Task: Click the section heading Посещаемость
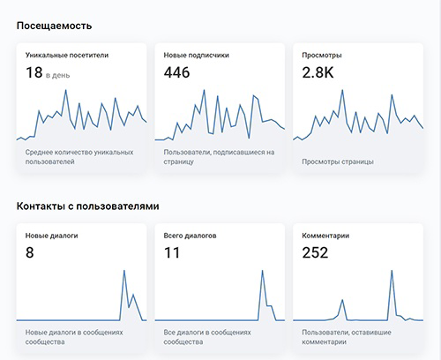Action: [x=54, y=26]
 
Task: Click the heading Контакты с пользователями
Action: [x=87, y=206]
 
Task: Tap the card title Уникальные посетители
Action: [x=67, y=56]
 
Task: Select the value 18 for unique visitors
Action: [x=34, y=72]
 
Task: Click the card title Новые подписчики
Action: [x=196, y=56]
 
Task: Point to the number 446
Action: [x=176, y=72]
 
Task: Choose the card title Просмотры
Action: [x=322, y=56]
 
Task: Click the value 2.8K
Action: [x=318, y=72]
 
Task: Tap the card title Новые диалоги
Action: [x=51, y=236]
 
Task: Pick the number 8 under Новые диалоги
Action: [x=30, y=252]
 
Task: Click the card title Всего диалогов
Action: [x=190, y=236]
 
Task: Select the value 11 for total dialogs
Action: [x=172, y=252]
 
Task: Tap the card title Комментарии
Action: [x=325, y=236]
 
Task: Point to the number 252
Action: [x=315, y=252]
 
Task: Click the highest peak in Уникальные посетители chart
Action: [x=65, y=90]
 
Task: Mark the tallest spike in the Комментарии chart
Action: [x=392, y=271]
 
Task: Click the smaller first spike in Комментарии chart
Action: [x=342, y=300]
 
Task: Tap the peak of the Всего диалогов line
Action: [x=262, y=271]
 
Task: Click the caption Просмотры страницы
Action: [x=338, y=161]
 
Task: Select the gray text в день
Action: [x=57, y=75]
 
